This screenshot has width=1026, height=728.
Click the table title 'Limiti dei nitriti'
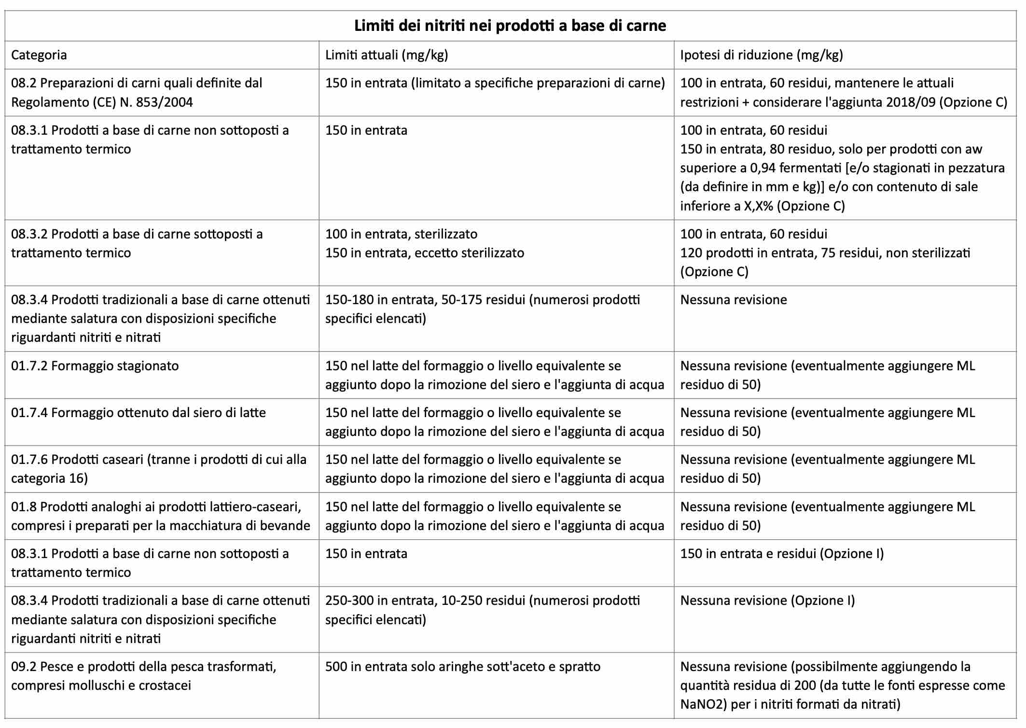[510, 26]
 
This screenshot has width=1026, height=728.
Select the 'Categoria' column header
[39, 55]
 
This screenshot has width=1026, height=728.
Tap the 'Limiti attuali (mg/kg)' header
[387, 55]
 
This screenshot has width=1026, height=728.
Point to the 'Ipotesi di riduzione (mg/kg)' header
[761, 55]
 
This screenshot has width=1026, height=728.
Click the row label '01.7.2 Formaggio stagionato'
[95, 366]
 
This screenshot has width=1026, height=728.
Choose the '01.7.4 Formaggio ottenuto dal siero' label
[139, 413]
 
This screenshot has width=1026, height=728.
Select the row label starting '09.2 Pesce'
[143, 676]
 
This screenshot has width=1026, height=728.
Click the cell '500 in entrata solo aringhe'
[462, 667]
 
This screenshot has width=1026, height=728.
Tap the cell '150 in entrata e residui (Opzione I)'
[782, 554]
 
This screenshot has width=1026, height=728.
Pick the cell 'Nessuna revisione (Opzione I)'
[767, 601]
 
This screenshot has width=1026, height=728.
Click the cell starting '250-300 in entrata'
[482, 610]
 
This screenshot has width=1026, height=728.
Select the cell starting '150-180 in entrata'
[482, 309]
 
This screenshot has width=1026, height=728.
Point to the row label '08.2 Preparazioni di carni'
[137, 92]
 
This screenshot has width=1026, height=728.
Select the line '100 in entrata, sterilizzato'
[401, 234]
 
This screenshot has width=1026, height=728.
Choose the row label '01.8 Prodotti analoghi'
[160, 516]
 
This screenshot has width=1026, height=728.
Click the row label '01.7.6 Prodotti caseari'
[159, 469]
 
